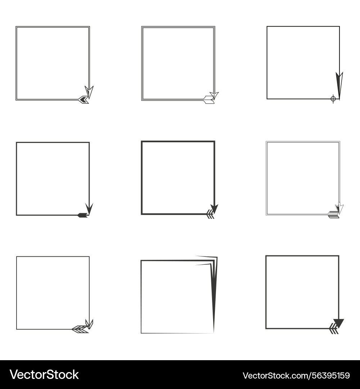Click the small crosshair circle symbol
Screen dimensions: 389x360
333,98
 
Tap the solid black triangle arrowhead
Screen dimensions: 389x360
338,323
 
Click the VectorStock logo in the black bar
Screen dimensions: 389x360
44,375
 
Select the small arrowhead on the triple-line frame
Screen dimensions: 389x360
215,95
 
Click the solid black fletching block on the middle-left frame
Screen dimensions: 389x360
83,215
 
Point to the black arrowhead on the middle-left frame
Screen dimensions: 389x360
89,208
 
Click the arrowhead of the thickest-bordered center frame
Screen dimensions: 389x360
215,209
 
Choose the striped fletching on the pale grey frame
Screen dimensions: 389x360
333,215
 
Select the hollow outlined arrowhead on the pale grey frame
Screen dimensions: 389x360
339,208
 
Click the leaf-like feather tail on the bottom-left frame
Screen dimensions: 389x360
80,329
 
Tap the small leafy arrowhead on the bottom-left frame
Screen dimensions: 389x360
90,323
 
